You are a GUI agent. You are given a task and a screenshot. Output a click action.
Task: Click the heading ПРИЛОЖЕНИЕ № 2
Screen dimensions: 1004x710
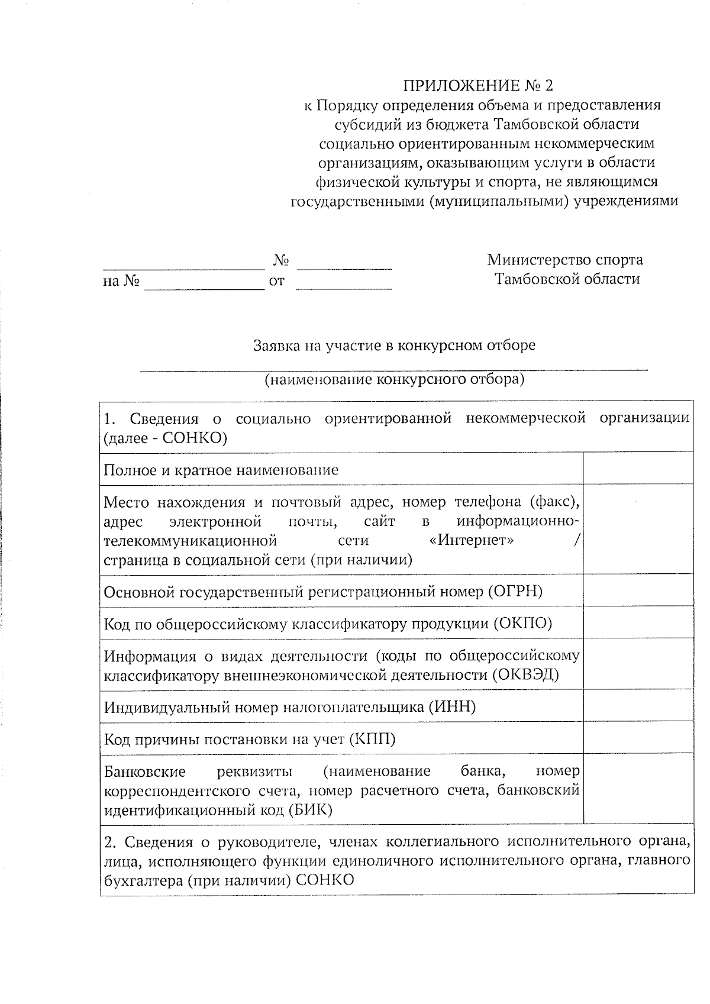pyautogui.click(x=478, y=86)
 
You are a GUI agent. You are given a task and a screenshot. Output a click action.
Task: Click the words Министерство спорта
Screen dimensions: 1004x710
pyautogui.click(x=564, y=260)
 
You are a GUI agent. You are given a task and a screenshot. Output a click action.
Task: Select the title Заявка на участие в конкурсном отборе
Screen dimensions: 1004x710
pyautogui.click(x=394, y=345)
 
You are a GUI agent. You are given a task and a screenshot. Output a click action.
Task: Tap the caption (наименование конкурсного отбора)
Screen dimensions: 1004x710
pyautogui.click(x=394, y=379)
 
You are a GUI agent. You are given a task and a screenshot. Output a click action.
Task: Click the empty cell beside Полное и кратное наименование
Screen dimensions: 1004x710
pyautogui.click(x=638, y=468)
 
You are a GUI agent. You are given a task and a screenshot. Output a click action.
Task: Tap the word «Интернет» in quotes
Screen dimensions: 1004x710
pyautogui.click(x=471, y=541)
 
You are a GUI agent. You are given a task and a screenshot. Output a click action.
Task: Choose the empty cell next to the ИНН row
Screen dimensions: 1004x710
pyautogui.click(x=638, y=705)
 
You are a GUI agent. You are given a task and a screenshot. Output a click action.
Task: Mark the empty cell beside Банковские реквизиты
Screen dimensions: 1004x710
pyautogui.click(x=638, y=789)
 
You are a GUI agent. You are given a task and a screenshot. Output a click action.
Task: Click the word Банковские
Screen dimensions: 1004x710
pyautogui.click(x=145, y=771)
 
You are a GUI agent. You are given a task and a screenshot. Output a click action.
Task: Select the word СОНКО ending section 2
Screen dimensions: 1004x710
pyautogui.click(x=324, y=880)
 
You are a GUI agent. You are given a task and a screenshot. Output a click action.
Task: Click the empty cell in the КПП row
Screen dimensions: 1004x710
pyautogui.click(x=638, y=737)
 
